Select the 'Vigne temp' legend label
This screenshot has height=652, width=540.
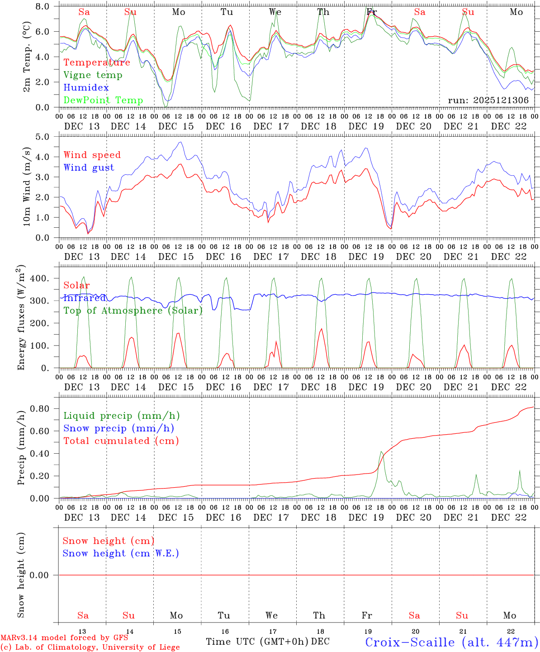(x=93, y=75)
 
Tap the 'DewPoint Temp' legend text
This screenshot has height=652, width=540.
(x=103, y=100)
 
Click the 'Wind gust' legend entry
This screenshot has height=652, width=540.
(x=89, y=168)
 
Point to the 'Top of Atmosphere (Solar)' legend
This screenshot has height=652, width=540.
(x=133, y=311)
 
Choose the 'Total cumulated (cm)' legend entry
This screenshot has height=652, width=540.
(x=121, y=441)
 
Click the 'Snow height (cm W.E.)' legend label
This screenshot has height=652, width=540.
(x=120, y=553)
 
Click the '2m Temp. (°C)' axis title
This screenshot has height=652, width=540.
(x=27, y=57)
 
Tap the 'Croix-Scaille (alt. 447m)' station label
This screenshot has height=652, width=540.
(x=451, y=642)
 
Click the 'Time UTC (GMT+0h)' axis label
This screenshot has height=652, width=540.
(x=257, y=641)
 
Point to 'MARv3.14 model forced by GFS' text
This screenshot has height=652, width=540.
(x=64, y=638)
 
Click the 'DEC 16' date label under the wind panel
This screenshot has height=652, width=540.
(x=223, y=257)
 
